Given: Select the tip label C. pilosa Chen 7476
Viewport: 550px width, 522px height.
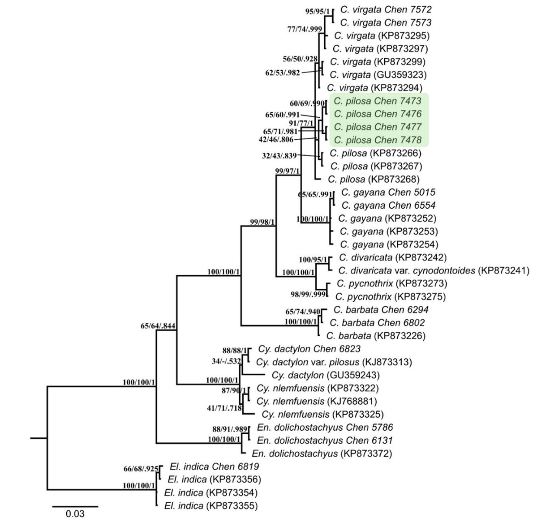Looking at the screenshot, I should pyautogui.click(x=377, y=114).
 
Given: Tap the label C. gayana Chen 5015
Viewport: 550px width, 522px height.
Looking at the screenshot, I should pyautogui.click(x=388, y=193).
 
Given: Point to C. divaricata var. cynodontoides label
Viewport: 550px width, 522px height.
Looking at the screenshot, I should pyautogui.click(x=434, y=270).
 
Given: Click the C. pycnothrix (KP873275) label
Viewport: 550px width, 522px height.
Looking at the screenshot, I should pyautogui.click(x=390, y=296).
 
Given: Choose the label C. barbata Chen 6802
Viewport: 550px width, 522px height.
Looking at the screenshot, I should pyautogui.click(x=377, y=322).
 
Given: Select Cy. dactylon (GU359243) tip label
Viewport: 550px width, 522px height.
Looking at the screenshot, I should pyautogui.click(x=325, y=375).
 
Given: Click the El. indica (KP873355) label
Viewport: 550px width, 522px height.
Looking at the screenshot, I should pyautogui.click(x=211, y=506).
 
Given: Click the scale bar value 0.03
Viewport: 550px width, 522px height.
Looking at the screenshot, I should pyautogui.click(x=75, y=514).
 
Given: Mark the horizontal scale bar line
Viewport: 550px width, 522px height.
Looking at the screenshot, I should pyautogui.click(x=75, y=507).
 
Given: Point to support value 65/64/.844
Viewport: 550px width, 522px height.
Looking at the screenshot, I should pyautogui.click(x=158, y=326).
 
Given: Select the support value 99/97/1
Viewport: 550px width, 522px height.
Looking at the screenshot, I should pyautogui.click(x=287, y=171).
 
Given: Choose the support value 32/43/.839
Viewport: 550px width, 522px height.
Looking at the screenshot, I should pyautogui.click(x=279, y=156).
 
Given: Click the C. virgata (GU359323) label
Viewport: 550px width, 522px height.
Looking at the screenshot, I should pyautogui.click(x=378, y=75).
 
